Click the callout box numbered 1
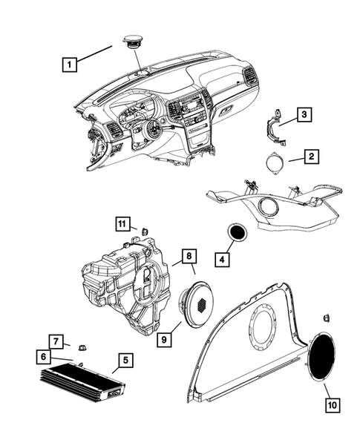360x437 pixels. [70, 65]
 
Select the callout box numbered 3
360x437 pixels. [304, 114]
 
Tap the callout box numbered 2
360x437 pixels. [311, 156]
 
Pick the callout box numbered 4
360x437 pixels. [222, 260]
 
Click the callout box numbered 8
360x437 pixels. [189, 256]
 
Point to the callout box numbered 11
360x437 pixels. [122, 224]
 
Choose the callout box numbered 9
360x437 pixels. [164, 340]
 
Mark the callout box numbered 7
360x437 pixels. [56, 341]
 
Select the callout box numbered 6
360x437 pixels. [43, 357]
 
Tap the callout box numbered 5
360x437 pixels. [125, 361]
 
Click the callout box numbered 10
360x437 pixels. [333, 405]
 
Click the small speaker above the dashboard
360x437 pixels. [133, 42]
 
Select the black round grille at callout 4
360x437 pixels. [238, 232]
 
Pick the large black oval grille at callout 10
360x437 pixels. [321, 356]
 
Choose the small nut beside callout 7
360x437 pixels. [82, 347]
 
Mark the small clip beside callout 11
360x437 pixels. [145, 231]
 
